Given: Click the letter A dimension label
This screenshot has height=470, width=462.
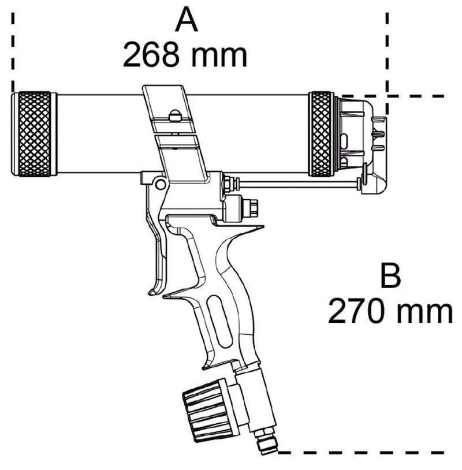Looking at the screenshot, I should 186,23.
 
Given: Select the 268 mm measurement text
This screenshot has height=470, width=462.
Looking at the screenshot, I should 185,55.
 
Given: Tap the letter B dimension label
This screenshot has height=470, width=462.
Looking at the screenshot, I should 390,277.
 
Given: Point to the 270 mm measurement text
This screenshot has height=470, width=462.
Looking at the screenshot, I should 390,312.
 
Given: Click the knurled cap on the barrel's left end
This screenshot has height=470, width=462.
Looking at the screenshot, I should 35,134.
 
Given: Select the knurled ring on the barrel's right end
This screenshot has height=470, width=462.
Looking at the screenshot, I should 322,134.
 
